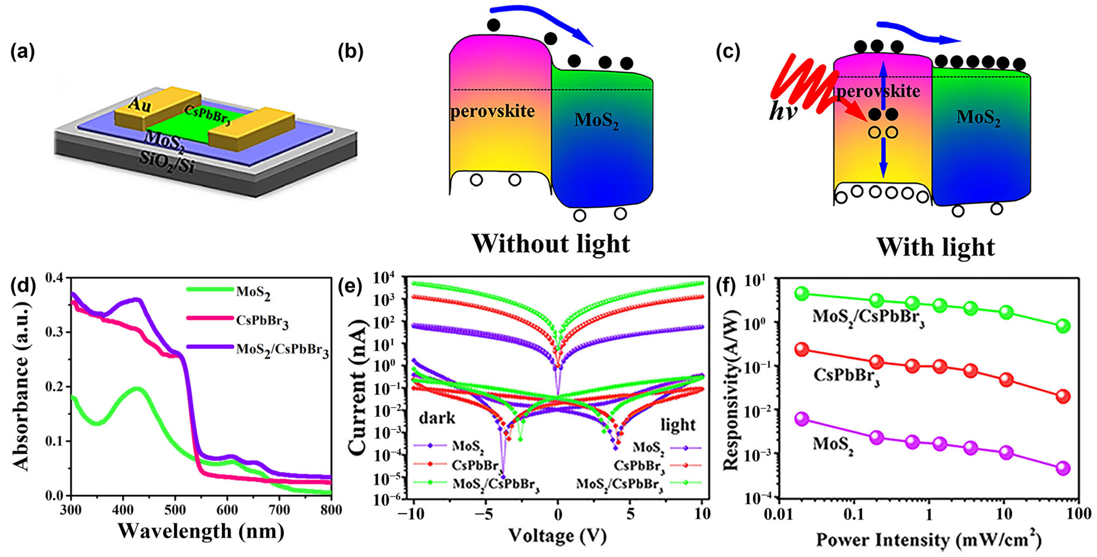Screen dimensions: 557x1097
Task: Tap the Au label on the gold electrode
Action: click(140, 104)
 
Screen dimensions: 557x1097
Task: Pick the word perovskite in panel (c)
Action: click(878, 91)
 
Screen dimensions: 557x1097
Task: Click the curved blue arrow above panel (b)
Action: click(541, 21)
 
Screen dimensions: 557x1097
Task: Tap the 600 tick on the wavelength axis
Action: click(227, 510)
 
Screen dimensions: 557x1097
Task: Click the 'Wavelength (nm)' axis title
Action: click(201, 531)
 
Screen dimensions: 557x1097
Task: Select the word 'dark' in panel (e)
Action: click(437, 418)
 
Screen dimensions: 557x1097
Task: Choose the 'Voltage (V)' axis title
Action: click(557, 535)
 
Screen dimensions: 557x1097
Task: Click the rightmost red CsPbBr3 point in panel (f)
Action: click(1063, 396)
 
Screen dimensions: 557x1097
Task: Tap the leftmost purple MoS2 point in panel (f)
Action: click(802, 419)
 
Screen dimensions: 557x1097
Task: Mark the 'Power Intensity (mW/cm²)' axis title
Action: click(928, 540)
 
